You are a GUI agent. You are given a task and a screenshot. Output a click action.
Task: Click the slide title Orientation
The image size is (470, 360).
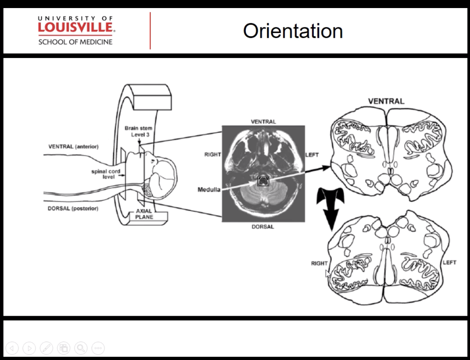[293, 31]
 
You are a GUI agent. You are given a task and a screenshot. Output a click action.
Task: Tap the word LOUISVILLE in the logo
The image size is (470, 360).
[76, 28]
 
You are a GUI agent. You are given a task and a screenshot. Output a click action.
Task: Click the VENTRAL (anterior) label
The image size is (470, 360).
[73, 147]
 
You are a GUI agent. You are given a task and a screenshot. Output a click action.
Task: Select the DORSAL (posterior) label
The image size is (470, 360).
[72, 209]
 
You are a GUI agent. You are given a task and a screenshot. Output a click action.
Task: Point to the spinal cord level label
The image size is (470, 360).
[105, 174]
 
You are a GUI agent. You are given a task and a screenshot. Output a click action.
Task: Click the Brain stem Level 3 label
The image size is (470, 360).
[138, 131]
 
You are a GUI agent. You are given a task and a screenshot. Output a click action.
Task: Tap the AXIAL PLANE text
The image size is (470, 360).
[144, 214]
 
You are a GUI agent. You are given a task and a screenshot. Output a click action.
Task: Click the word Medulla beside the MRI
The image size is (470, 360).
[209, 190]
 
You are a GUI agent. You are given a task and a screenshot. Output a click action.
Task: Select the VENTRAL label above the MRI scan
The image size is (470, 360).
[263, 122]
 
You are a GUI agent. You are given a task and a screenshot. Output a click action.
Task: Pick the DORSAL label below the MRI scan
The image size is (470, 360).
[263, 227]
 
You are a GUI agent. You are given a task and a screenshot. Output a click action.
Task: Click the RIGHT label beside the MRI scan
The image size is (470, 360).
[212, 155]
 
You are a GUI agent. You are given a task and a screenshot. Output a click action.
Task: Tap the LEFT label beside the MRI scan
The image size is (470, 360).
[312, 155]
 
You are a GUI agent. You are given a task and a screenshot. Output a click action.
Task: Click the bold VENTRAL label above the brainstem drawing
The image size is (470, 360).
[386, 101]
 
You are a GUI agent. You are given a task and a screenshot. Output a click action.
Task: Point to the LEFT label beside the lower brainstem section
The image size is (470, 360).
[449, 263]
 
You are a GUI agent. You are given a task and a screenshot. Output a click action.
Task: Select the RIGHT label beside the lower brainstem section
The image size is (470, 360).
[319, 263]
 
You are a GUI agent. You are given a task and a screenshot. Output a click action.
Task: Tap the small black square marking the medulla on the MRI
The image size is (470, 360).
[263, 180]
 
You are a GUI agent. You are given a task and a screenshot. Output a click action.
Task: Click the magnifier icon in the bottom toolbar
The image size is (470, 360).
[81, 348]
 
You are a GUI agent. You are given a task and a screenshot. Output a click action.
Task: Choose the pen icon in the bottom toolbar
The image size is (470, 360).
[46, 348]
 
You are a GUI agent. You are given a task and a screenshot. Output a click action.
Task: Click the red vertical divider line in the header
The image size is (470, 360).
[150, 31]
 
